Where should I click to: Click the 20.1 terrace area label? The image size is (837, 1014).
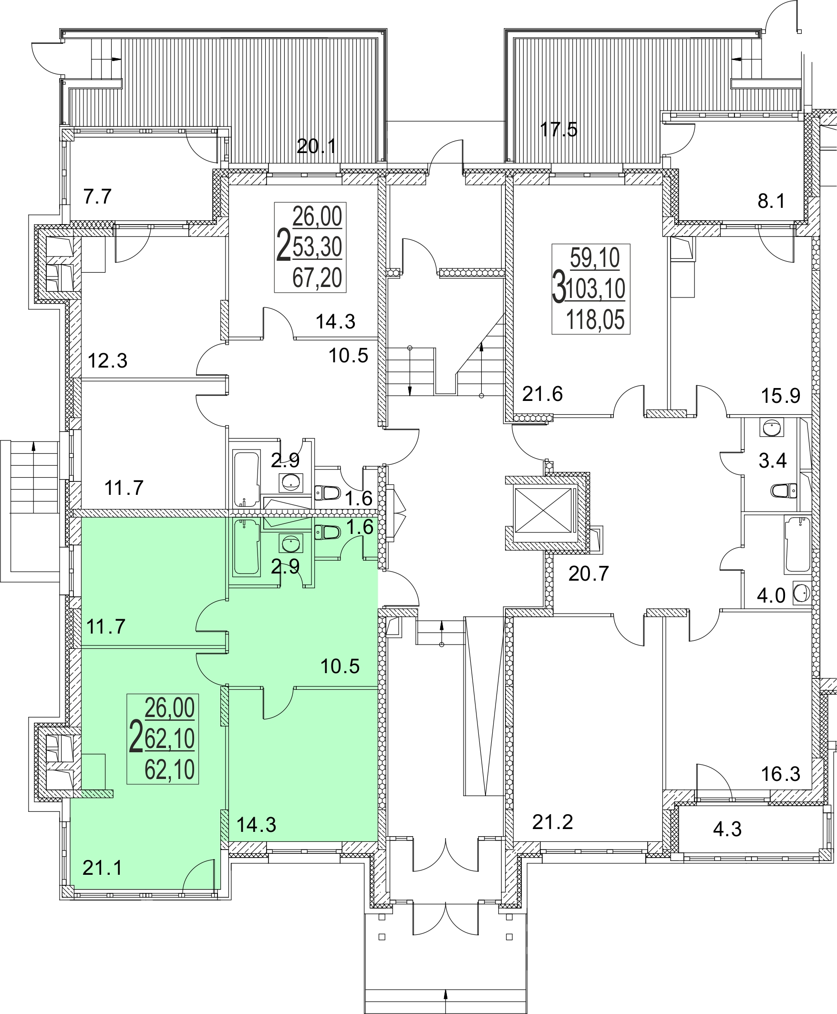(x=316, y=146)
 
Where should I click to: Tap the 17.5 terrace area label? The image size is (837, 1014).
(x=558, y=130)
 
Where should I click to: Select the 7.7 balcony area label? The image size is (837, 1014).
(x=97, y=196)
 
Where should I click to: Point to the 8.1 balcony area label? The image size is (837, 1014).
(x=771, y=201)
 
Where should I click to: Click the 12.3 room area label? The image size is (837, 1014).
(x=107, y=360)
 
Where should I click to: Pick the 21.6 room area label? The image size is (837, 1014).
(x=542, y=394)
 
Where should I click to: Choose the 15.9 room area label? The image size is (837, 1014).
(x=780, y=396)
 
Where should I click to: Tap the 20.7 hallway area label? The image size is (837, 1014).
(x=588, y=574)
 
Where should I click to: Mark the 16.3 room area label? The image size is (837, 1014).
(x=780, y=774)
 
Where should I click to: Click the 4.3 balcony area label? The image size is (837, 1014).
(x=727, y=829)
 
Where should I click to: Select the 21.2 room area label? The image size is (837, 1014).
(x=553, y=822)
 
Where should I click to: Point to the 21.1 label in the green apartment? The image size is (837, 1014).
(x=102, y=868)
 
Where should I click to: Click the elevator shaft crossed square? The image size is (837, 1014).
(x=543, y=511)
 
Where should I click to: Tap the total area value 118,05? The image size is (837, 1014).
(x=596, y=319)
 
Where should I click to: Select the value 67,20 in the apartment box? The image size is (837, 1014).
(x=317, y=277)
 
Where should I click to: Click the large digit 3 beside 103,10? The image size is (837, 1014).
(x=559, y=287)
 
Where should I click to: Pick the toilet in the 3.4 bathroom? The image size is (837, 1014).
(x=784, y=491)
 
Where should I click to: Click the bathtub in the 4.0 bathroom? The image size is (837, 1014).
(x=797, y=544)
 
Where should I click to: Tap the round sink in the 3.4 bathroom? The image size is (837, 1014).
(x=772, y=427)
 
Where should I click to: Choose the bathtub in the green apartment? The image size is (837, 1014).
(x=247, y=547)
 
